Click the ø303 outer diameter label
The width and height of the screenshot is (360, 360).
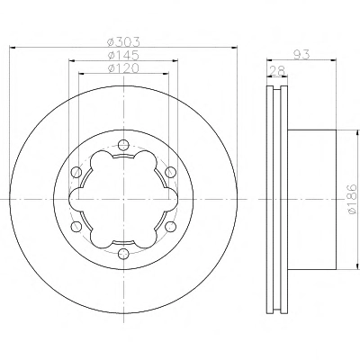(123, 42)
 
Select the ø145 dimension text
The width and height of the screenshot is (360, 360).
(123, 55)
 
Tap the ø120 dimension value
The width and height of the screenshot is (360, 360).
(123, 68)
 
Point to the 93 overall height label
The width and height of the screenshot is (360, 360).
(301, 55)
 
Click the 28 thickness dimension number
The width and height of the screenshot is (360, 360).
(277, 71)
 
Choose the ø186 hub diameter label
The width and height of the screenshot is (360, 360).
(352, 199)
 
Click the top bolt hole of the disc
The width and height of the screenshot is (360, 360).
(123, 145)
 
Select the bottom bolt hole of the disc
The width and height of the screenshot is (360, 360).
(123, 254)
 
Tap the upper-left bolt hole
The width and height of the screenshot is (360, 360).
(76, 172)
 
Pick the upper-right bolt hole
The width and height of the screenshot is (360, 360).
(170, 172)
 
